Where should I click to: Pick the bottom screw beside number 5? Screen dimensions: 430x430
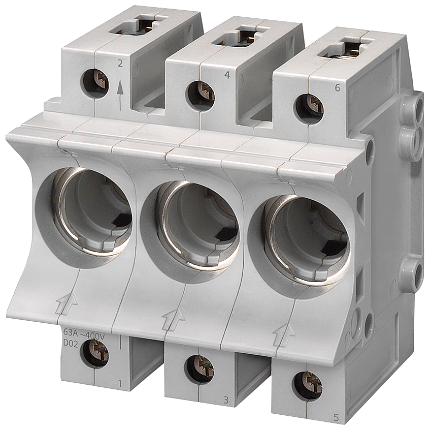tap(308, 386)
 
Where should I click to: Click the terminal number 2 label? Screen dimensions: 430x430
tap(119, 64)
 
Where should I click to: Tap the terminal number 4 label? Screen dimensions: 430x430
tap(227, 75)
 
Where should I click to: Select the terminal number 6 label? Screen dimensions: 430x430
tap(337, 88)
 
